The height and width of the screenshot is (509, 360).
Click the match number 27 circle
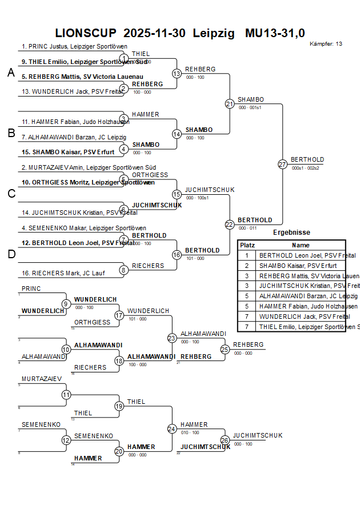pyautogui.click(x=282, y=164)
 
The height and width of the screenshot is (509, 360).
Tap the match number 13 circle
pyautogui.click(x=177, y=73)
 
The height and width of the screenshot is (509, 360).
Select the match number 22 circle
pyautogui.click(x=229, y=225)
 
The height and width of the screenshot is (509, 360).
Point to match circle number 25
pyautogui.click(x=225, y=349)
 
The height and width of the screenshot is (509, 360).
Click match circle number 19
pyautogui.click(x=119, y=406)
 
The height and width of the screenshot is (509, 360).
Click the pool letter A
pyautogui.click(x=11, y=73)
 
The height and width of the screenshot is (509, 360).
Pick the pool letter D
pyautogui.click(x=11, y=254)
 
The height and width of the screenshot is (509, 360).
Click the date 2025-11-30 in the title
pyautogui.click(x=154, y=34)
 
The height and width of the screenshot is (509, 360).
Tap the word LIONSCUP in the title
pyautogui.click(x=86, y=34)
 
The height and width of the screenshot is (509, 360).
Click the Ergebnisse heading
pyautogui.click(x=291, y=233)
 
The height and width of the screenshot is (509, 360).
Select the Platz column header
pyautogui.click(x=247, y=245)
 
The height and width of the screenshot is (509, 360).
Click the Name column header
pyautogui.click(x=301, y=245)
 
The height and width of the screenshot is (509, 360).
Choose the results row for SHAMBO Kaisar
pyautogui.click(x=298, y=266)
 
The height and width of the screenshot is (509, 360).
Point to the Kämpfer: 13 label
pyautogui.click(x=326, y=44)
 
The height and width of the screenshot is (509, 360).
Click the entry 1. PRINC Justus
pyautogui.click(x=74, y=46)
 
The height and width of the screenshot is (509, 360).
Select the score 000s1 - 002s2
pyautogui.click(x=305, y=168)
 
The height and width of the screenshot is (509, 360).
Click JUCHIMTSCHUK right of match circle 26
pyautogui.click(x=258, y=435)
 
